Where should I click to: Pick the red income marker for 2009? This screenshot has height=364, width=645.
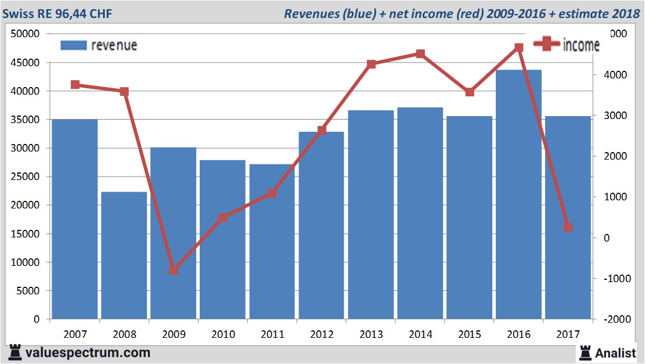(x=174, y=270)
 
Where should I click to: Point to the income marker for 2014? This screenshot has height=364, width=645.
(x=420, y=54)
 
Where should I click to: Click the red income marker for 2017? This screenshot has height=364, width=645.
(x=568, y=228)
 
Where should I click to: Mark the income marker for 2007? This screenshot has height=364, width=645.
(x=75, y=85)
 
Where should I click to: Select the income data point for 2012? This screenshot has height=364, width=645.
(x=322, y=131)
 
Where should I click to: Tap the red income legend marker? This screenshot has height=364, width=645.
(x=546, y=44)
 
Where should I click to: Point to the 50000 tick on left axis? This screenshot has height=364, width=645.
(x=25, y=34)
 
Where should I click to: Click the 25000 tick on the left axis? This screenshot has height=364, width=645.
(x=25, y=176)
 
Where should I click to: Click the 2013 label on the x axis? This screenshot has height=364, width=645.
(x=371, y=334)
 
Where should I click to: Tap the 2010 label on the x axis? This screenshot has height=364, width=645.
(x=223, y=334)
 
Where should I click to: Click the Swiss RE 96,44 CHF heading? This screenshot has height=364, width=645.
(x=59, y=13)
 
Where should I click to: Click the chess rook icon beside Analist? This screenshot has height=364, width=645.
(x=585, y=352)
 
